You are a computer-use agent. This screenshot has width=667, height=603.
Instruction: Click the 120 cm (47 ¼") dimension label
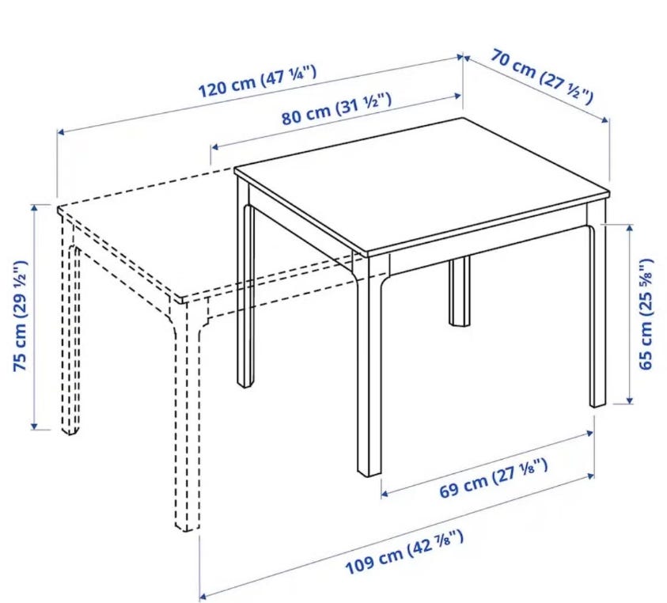tap(258, 81)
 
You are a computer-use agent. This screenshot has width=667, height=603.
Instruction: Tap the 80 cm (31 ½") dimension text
tap(336, 109)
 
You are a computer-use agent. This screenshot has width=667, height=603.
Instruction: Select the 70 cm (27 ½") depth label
tap(541, 77)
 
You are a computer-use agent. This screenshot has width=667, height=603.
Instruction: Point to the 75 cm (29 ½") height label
tap(20, 316)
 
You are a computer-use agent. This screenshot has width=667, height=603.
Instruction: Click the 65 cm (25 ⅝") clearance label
tap(646, 314)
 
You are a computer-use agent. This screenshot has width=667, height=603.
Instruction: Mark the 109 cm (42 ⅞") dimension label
tap(404, 552)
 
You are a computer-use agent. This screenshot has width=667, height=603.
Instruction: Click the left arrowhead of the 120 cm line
tap(61, 132)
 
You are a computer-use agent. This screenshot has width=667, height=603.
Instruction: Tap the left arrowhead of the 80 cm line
tap(215, 147)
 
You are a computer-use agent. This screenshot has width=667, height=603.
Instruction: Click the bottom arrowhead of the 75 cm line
tap(35, 426)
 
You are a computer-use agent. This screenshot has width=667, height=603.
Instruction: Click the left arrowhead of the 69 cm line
tap(385, 494)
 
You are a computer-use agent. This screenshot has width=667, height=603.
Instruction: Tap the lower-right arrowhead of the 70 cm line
tap(606, 120)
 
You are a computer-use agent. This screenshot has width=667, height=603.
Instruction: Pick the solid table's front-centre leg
tap(369, 366)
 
